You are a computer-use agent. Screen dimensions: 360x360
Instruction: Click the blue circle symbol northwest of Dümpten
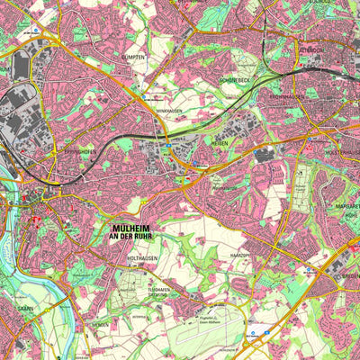click(35, 30)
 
